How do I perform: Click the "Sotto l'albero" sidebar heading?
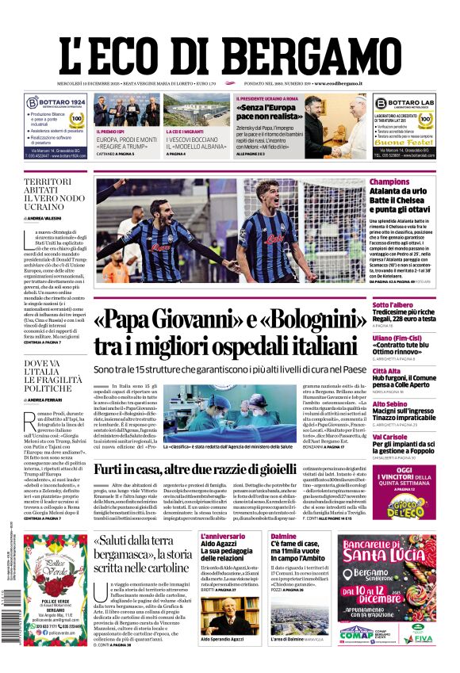393,305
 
